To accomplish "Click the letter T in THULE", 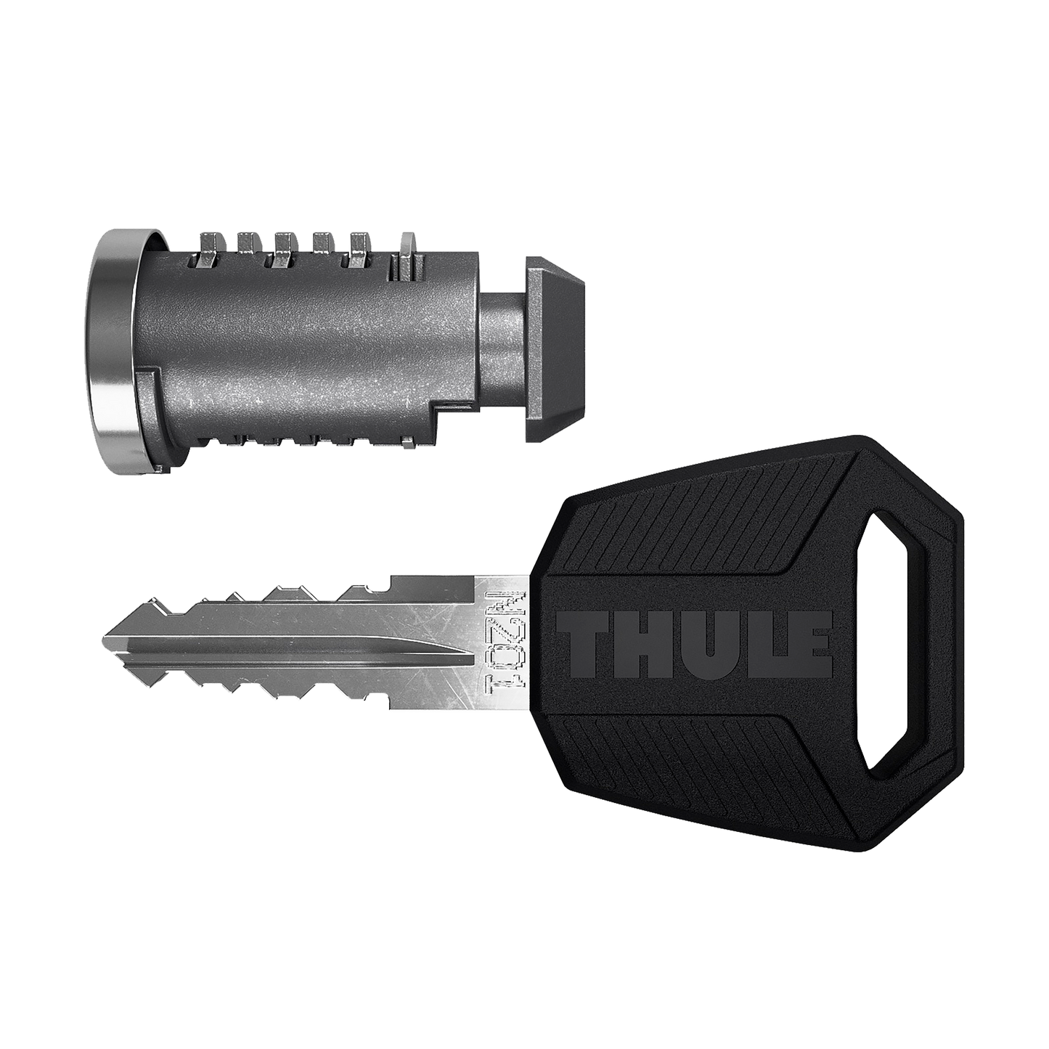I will (x=585, y=644).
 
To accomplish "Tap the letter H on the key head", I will (x=637, y=644).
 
